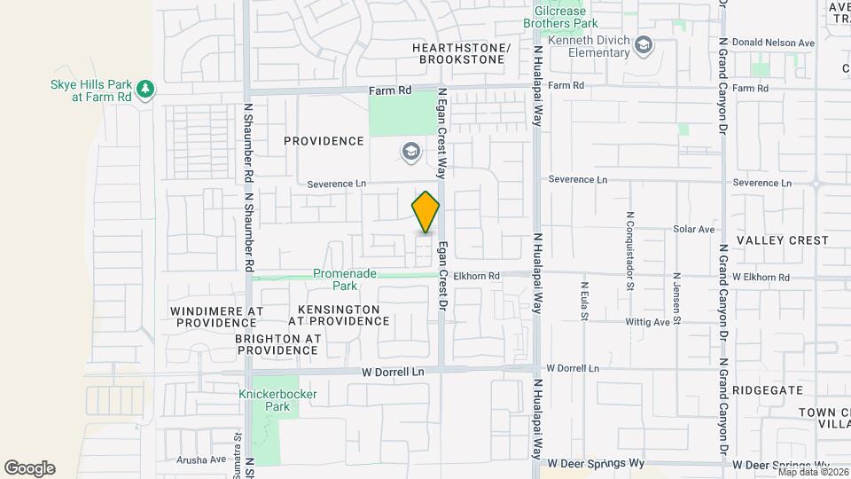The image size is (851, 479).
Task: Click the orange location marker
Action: coord(426,212)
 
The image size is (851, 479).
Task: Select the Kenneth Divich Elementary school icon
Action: coord(644,45)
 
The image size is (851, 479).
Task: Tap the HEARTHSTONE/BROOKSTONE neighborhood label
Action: coord(462,53)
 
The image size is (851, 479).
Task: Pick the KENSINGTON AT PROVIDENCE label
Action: coord(334,315)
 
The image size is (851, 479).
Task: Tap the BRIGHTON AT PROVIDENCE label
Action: coord(290,345)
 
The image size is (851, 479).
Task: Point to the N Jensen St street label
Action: coord(675,297)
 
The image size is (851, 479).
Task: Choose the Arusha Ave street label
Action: coord(200,459)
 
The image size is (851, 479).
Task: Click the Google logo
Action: coord(29,467)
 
